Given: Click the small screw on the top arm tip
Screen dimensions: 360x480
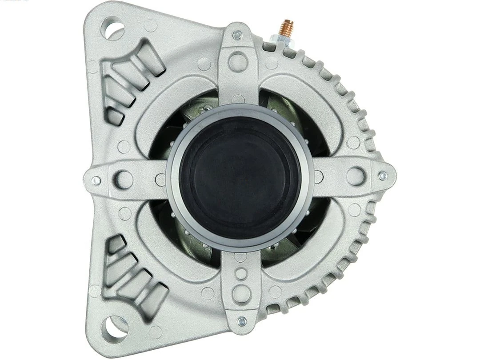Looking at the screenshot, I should pyautogui.click(x=237, y=33).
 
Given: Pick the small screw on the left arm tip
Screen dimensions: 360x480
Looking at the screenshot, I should pyautogui.click(x=95, y=180).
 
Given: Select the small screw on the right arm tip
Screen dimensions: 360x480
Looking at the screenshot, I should pyautogui.click(x=382, y=176).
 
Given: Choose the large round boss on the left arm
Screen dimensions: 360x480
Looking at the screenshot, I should pyautogui.click(x=124, y=179).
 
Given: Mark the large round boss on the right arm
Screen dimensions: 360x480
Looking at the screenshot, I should pyautogui.click(x=355, y=176).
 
